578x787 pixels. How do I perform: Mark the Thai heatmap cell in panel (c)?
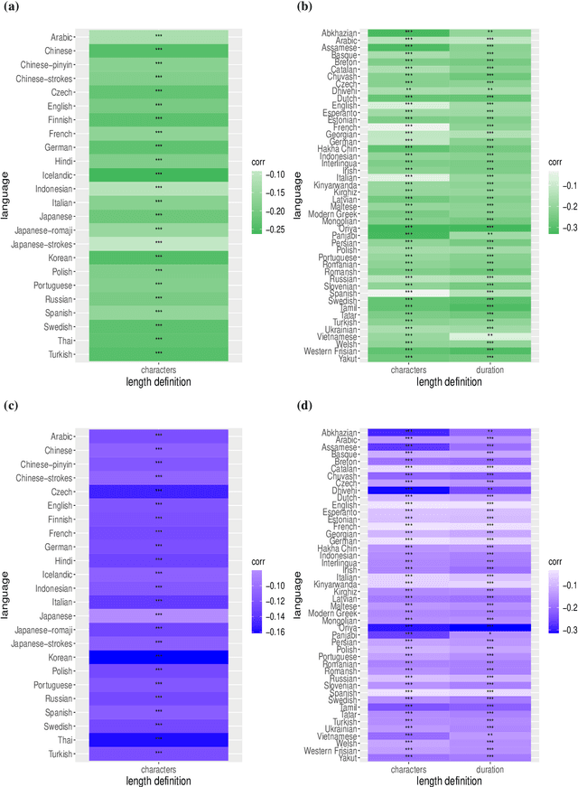coord(158,738)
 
